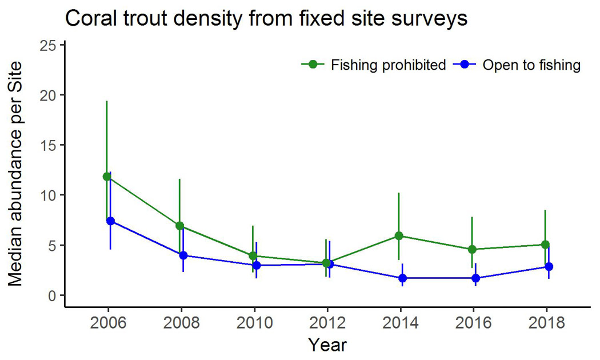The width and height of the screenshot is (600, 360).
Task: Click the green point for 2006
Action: [x=107, y=177]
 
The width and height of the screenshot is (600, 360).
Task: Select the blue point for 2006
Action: [x=110, y=221]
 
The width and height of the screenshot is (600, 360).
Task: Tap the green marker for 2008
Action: [x=180, y=226]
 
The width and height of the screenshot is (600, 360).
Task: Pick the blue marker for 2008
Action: [x=183, y=255]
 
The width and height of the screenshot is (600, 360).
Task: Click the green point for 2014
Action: [x=399, y=235]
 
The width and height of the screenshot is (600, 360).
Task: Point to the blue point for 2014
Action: [x=402, y=278]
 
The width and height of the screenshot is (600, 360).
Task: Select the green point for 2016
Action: [x=472, y=249]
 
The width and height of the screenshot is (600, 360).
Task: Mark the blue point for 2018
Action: [x=549, y=267]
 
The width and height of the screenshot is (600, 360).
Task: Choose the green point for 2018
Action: [x=545, y=245]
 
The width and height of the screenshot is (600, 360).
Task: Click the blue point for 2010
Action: [x=257, y=265]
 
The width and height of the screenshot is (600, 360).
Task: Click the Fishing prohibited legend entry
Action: [x=374, y=65]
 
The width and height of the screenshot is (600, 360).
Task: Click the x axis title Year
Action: [x=327, y=345]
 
